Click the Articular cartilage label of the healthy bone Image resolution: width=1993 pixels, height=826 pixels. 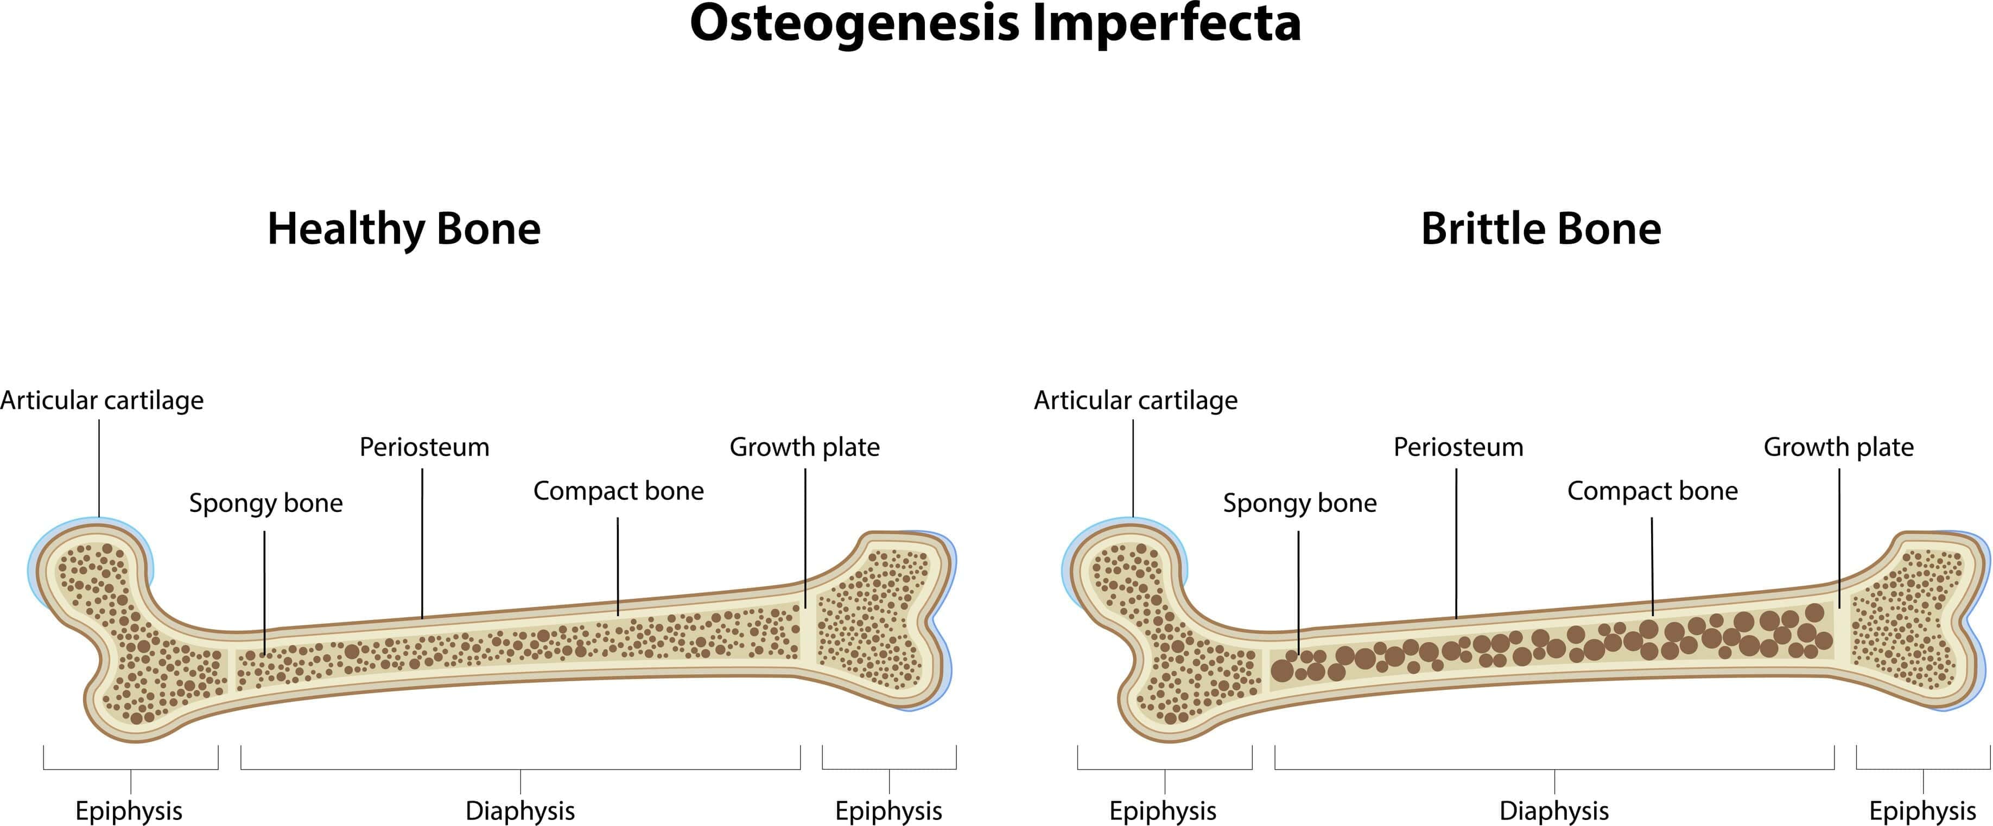point(101,401)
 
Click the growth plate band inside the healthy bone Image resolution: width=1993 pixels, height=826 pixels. point(808,633)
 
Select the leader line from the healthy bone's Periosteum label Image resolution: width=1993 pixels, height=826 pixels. point(422,541)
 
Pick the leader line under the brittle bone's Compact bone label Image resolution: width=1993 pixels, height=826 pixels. point(1652,565)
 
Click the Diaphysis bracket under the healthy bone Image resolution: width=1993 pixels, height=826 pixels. point(520,768)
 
